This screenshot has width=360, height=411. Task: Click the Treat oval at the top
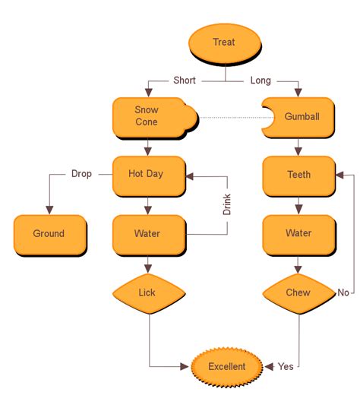tap(224, 43)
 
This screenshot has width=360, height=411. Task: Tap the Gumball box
tap(300, 117)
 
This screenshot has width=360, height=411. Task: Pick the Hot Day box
tap(146, 175)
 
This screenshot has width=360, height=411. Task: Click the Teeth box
tap(298, 175)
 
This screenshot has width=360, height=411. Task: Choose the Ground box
tap(49, 234)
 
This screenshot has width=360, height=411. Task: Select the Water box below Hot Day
tap(146, 234)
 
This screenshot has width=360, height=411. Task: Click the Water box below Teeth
tap(298, 234)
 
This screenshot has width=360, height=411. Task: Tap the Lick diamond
tap(147, 292)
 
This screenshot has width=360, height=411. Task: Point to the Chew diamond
tap(298, 292)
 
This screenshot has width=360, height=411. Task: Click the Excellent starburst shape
tap(227, 367)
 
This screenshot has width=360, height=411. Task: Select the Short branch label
tap(185, 81)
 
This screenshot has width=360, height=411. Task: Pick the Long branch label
tap(261, 81)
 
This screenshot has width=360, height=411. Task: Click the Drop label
tap(81, 174)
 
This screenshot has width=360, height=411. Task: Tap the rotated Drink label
tap(227, 204)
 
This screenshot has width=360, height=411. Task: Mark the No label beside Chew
tap(343, 292)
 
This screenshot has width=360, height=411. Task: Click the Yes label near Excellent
tap(286, 367)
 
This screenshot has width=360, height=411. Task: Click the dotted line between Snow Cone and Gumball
tap(231, 118)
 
